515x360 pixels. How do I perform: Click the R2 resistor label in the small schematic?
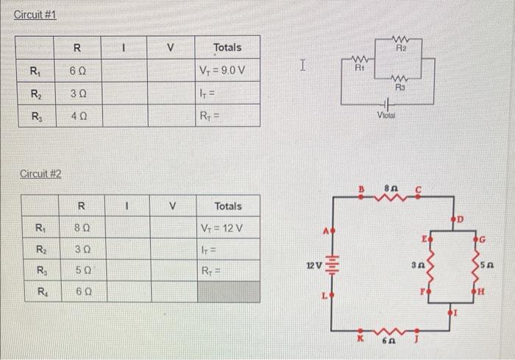pos(401,46)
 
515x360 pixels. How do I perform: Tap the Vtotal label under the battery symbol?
pos(386,115)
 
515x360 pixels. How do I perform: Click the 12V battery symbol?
pos(332,263)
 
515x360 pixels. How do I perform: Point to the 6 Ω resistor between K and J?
pos(391,331)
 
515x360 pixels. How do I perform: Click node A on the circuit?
pos(332,230)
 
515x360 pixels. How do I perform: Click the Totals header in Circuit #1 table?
pos(227,47)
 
